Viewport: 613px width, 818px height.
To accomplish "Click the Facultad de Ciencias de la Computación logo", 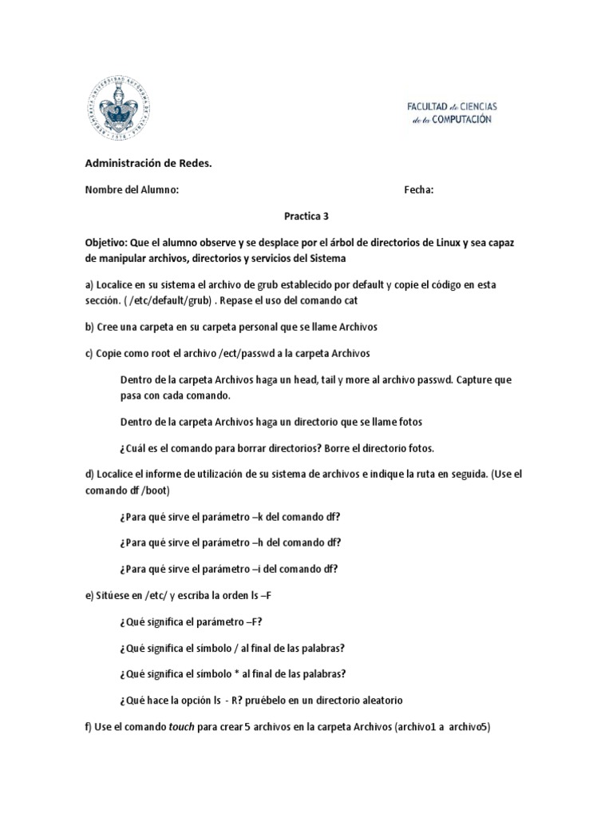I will [x=451, y=113].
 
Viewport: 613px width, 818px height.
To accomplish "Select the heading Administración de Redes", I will [x=149, y=164].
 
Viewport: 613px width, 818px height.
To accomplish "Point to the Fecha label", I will [x=419, y=190].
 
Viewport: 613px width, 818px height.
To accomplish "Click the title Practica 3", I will [x=306, y=216].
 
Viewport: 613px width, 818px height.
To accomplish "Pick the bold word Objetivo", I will [x=109, y=242].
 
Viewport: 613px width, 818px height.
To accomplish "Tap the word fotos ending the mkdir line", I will [x=409, y=421].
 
